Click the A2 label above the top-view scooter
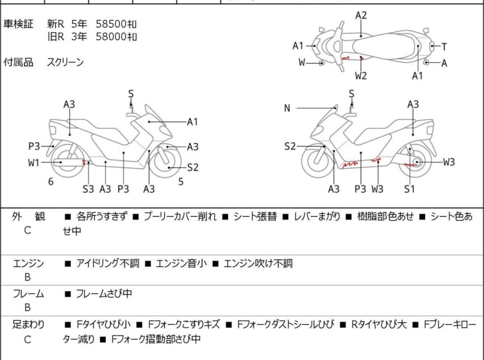coord(361,15)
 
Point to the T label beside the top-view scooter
coord(444,46)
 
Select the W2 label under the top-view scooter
coord(361,76)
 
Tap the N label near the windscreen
coord(287,108)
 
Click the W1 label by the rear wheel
coord(33,162)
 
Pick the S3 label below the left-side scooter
coord(88,189)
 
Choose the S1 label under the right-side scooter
coord(409,189)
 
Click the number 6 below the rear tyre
coord(51,182)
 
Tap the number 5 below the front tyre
coord(181,182)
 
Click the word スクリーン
coord(65,62)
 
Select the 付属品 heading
coord(18,62)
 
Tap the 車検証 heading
coord(18,24)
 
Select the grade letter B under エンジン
coord(28,277)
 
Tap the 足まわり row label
coord(28,325)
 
